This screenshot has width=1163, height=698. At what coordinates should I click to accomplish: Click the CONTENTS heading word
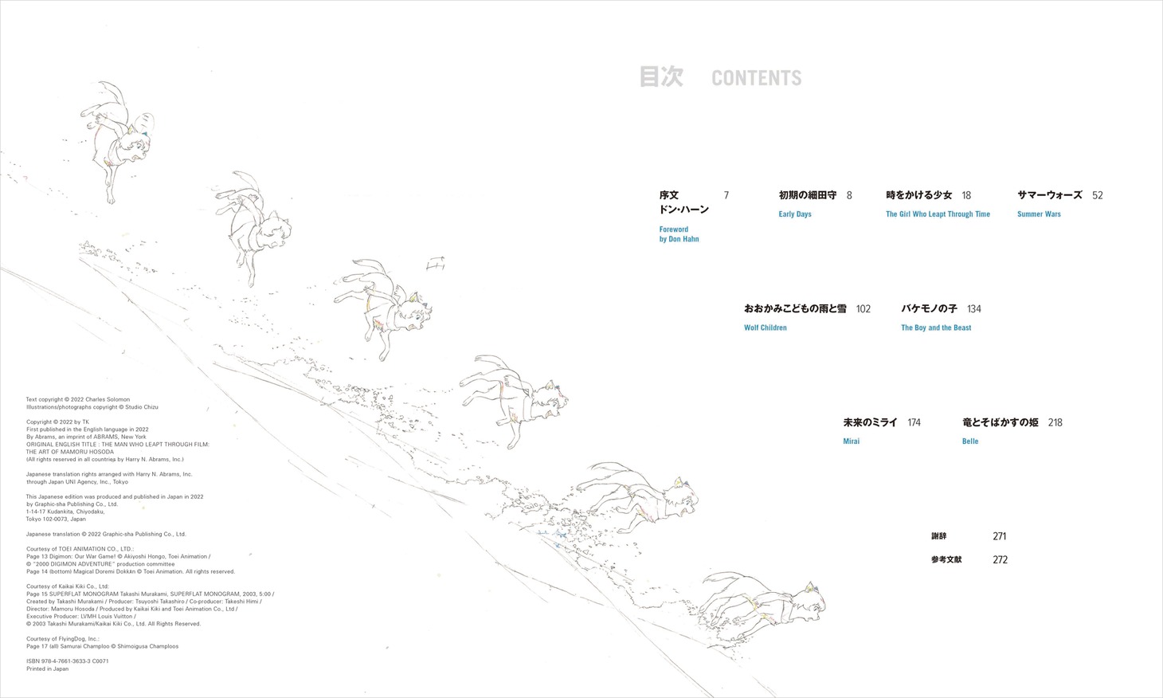pos(757,78)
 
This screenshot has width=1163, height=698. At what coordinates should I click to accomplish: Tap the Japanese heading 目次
pos(661,76)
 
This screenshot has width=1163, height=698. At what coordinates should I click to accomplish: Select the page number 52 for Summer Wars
pos(1098,195)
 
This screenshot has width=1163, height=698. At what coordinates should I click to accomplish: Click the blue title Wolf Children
pos(766,327)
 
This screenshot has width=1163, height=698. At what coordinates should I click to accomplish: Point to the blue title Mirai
pos(852,441)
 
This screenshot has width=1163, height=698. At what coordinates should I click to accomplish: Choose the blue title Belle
pos(970,441)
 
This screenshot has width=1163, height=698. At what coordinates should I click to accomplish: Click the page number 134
pos(974,309)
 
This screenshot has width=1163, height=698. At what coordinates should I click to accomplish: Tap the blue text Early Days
pos(795,214)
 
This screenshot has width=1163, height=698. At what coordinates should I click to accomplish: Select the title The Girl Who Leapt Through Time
pos(938,214)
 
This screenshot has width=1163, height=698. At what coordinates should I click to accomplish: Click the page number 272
pos(1000,560)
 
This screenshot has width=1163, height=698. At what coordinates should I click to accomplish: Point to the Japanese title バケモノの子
pos(929,308)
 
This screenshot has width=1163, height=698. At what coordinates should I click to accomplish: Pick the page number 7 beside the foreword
pos(726,195)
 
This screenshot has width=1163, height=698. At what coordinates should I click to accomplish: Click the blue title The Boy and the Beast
pos(936,327)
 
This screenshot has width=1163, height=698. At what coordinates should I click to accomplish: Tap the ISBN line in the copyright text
pos(68,661)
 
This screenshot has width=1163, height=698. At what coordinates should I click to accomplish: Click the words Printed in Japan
pos(47,669)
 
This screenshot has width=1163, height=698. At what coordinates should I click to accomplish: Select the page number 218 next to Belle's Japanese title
pos(1055,423)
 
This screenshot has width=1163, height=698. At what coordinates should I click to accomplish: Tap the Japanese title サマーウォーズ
pos(1050,194)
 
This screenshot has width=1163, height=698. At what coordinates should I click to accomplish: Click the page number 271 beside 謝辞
pos(1000,536)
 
